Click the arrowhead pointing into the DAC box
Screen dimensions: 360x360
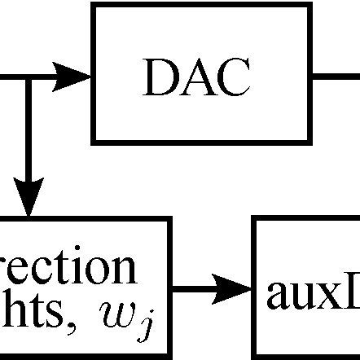75,77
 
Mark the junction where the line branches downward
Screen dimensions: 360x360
29,77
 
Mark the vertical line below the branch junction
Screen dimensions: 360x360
29,138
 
